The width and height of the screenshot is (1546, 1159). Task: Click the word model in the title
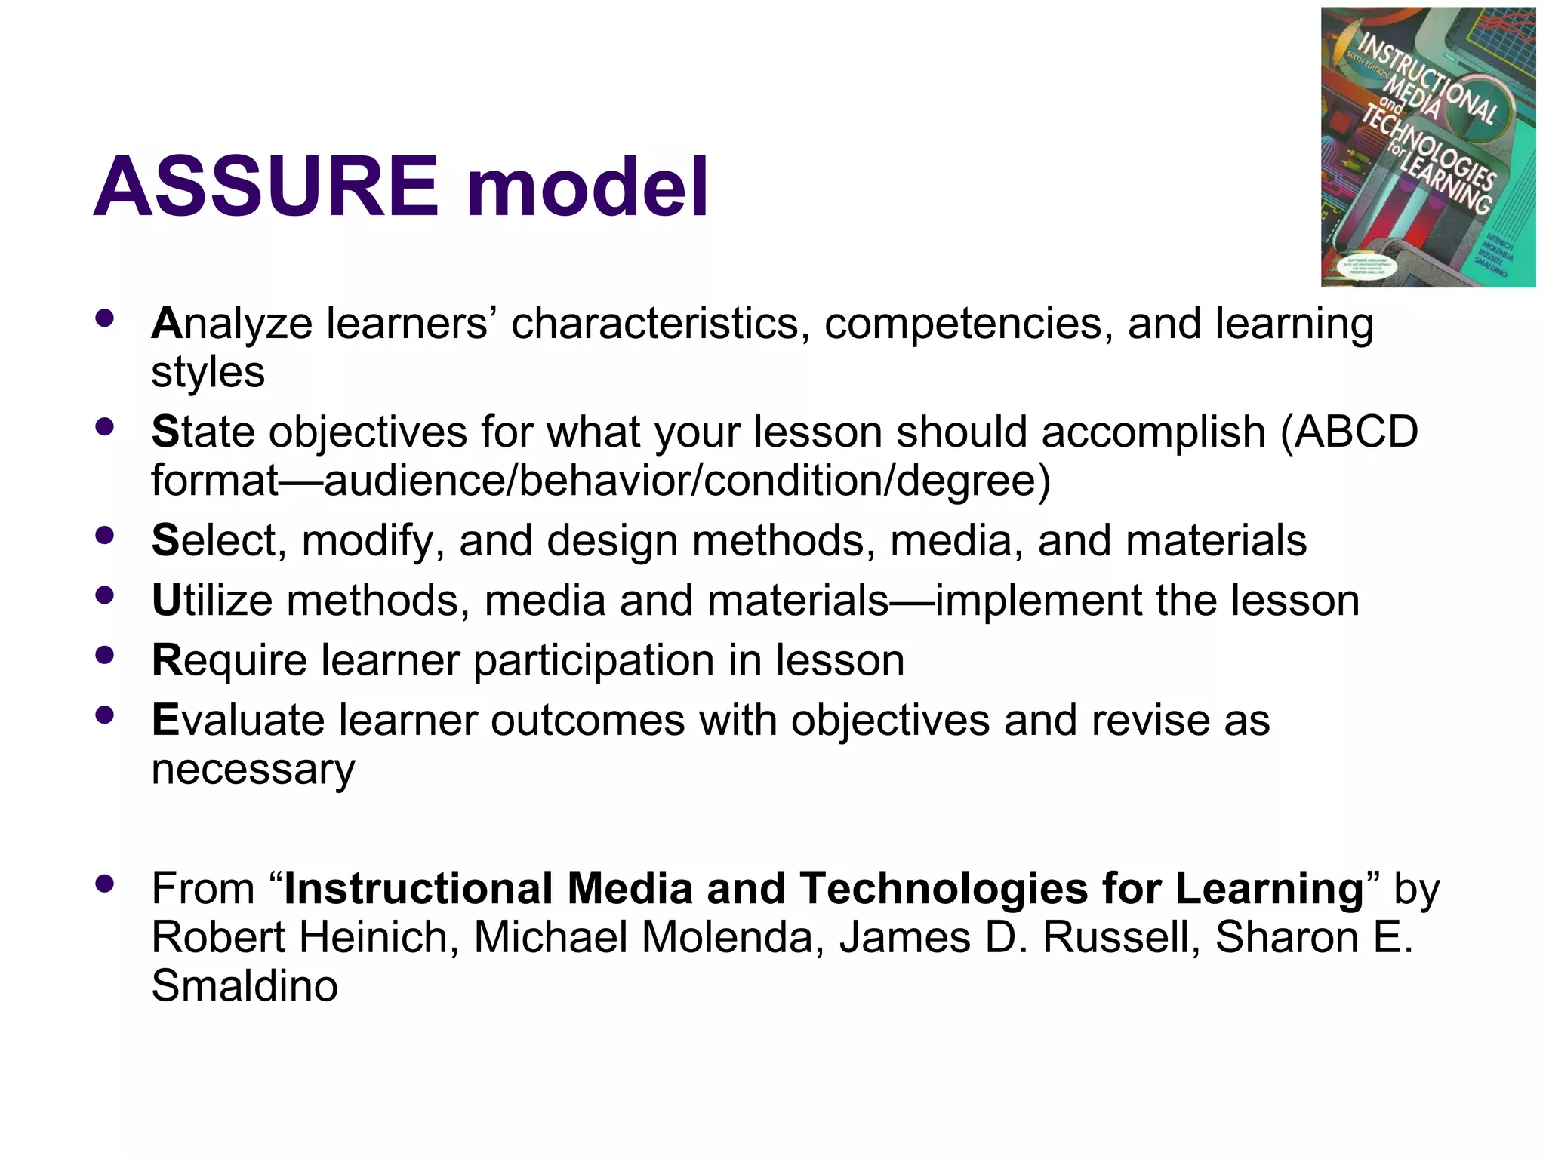point(587,186)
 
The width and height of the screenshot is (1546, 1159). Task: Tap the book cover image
point(1427,147)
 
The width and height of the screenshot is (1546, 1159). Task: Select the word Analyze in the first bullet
point(231,324)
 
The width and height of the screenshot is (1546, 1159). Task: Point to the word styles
point(208,373)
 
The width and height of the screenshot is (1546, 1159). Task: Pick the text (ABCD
point(1349,432)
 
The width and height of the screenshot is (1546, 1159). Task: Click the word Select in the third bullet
point(218,541)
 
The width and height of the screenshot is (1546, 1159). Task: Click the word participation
point(593,661)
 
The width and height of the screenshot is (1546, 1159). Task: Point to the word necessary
point(253,770)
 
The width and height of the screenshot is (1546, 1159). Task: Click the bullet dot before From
point(105,882)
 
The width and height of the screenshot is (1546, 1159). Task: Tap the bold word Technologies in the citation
point(943,888)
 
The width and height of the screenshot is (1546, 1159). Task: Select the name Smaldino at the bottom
point(245,985)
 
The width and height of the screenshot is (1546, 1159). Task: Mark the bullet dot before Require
point(105,655)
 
